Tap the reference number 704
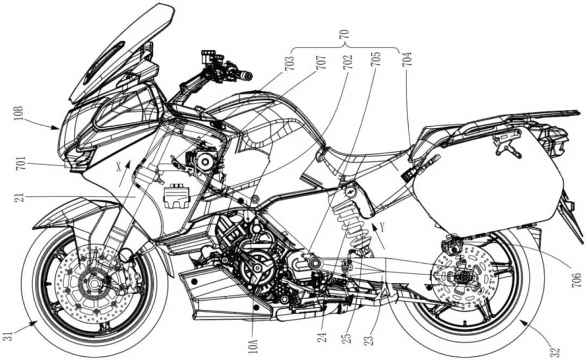pos(407,58)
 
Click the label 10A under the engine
pos(257,342)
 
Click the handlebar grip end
pos(248,74)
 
